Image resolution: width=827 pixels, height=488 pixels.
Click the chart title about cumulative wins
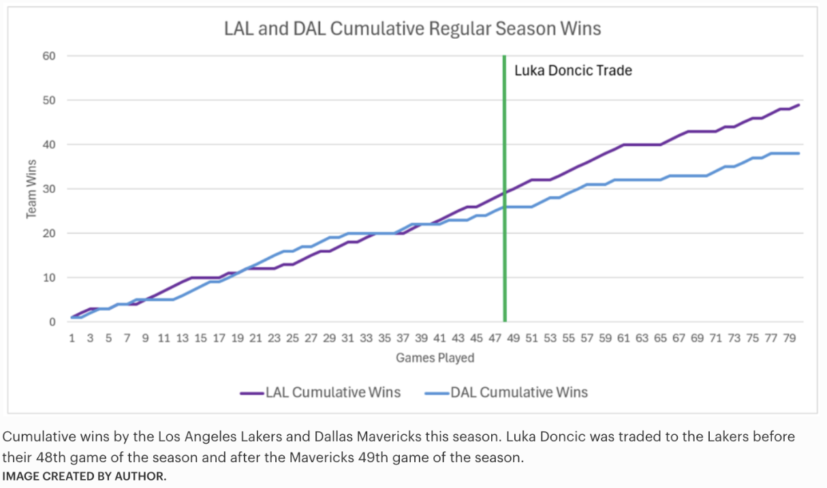click(413, 29)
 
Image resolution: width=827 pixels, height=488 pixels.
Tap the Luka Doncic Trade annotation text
click(573, 70)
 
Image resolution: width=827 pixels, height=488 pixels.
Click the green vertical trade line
click(505, 204)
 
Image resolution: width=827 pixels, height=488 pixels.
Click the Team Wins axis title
click(31, 189)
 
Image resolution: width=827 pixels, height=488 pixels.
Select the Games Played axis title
click(435, 358)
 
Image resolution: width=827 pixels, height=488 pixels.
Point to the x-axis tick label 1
click(72, 338)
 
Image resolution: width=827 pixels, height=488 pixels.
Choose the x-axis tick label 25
click(293, 338)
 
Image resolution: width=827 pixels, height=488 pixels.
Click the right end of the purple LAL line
click(798, 105)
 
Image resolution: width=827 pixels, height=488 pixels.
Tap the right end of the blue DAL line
click(798, 153)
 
